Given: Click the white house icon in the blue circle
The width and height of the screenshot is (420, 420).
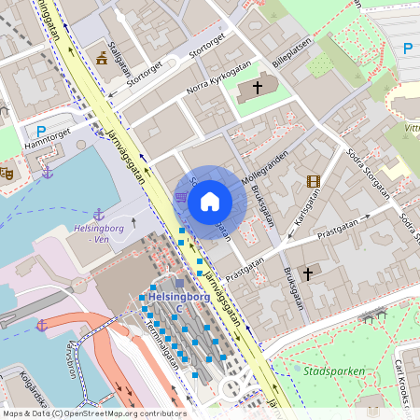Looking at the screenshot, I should pyautogui.click(x=209, y=201).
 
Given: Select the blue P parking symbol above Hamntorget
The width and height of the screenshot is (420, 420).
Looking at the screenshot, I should pyautogui.click(x=39, y=132).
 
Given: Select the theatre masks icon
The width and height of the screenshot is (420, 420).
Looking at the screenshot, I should pyautogui.click(x=6, y=173).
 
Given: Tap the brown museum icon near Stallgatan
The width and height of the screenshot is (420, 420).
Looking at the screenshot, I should pyautogui.click(x=101, y=59).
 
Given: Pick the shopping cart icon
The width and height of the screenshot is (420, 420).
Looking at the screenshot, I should pyautogui.click(x=180, y=197).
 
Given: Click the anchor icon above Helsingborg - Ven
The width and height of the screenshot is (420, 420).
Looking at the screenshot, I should pyautogui.click(x=98, y=215).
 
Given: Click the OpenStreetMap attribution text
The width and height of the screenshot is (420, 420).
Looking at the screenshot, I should pyautogui.click(x=93, y=413).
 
